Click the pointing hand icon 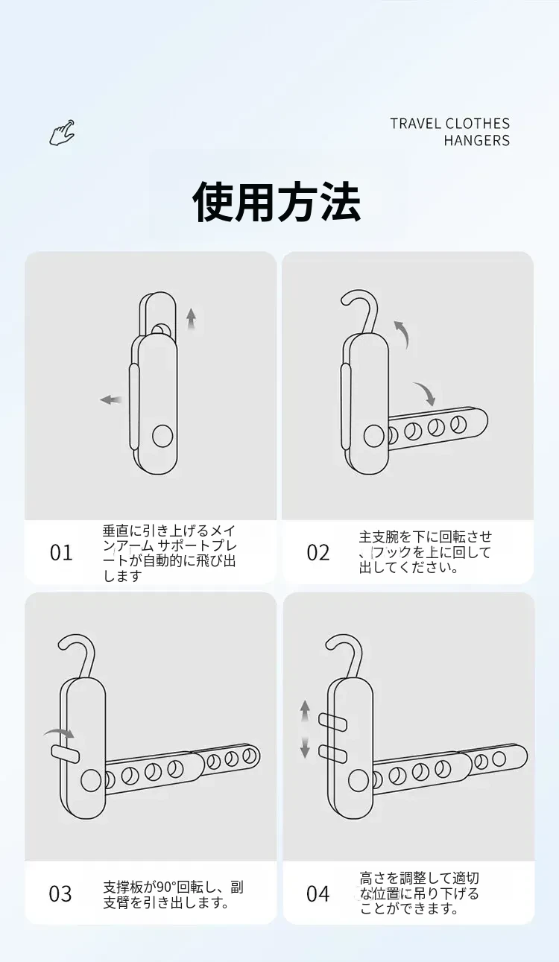point(62,133)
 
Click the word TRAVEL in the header point(416,124)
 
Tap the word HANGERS point(476,140)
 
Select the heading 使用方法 point(277,202)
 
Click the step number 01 point(61,553)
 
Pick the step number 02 point(318,553)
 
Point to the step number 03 point(60,894)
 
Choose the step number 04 point(318,894)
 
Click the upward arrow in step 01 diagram point(192,319)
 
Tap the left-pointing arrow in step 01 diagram point(111,400)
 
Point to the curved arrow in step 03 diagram point(58,734)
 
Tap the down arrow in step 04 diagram point(305,747)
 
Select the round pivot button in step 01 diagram point(162,437)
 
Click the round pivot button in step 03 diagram point(91,780)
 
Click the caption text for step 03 point(173,894)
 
